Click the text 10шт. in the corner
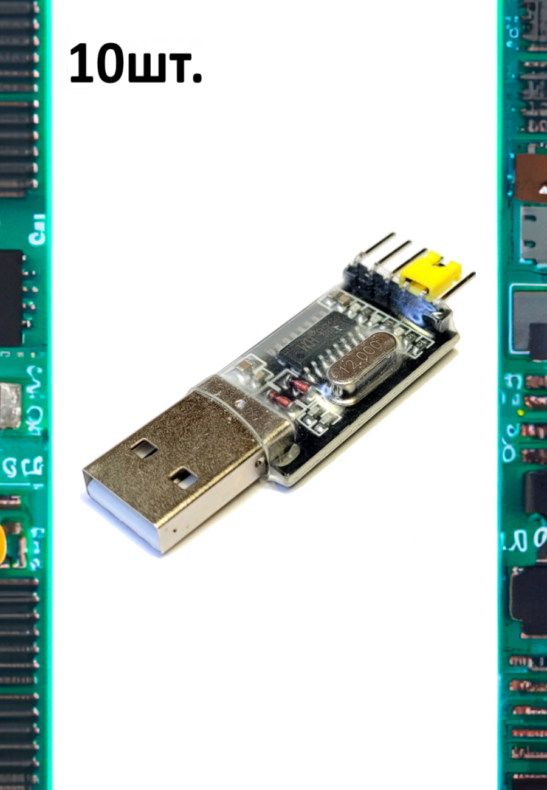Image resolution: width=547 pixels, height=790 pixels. [x=135, y=64]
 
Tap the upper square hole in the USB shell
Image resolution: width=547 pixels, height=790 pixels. [x=143, y=449]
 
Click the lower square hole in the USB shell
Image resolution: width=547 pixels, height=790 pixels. [x=183, y=478]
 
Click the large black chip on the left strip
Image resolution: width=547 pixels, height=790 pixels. [x=10, y=298]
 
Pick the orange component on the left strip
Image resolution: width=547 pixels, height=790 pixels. [x=2, y=544]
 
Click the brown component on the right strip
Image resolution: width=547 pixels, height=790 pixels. [x=531, y=178]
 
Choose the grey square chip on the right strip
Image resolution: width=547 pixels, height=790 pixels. [x=529, y=319]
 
